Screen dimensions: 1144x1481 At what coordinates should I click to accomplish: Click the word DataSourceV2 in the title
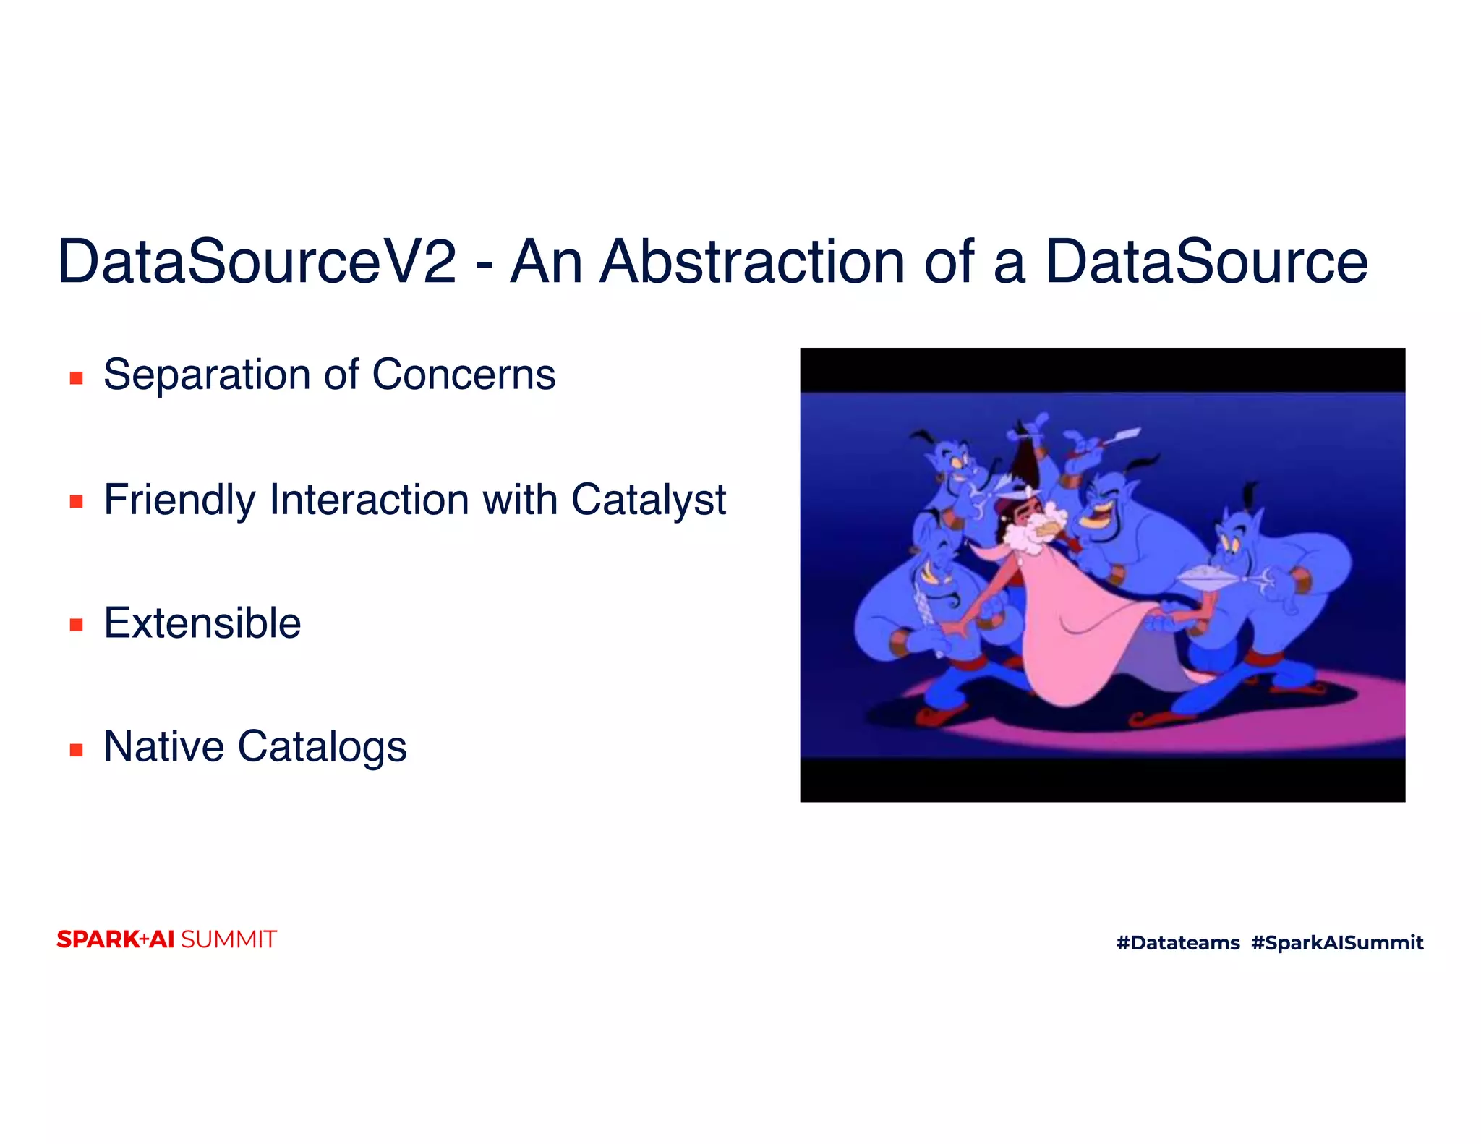tap(257, 262)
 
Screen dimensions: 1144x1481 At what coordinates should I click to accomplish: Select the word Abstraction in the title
tap(753, 262)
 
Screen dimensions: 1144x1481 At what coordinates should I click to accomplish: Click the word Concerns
tap(463, 375)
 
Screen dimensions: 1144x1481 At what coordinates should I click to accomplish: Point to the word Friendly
tap(179, 500)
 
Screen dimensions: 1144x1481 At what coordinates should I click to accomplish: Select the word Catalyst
tap(648, 500)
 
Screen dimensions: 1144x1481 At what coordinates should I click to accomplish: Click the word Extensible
tap(202, 623)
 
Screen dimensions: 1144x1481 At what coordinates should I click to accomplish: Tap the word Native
tap(163, 747)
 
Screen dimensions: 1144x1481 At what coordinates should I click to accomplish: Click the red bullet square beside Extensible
tap(76, 625)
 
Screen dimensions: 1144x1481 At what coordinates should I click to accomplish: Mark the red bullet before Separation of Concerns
tap(76, 377)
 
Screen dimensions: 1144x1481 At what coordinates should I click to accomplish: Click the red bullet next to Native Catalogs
tap(76, 749)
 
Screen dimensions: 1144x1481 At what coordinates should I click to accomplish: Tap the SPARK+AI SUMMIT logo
tap(166, 939)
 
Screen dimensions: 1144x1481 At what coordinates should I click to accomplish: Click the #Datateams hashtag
tap(1177, 943)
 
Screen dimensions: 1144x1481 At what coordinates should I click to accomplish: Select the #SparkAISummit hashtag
tap(1336, 943)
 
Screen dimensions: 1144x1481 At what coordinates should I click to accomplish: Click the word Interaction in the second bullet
tap(369, 500)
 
